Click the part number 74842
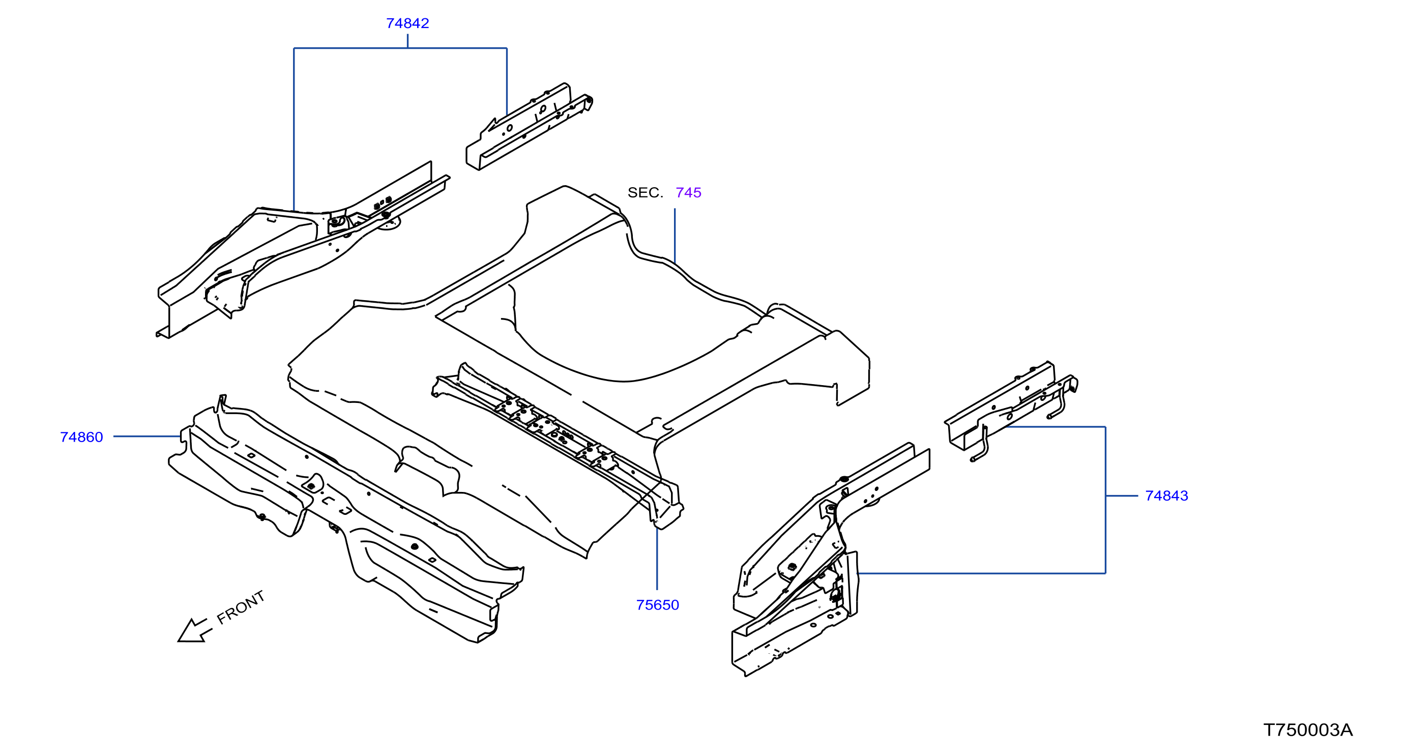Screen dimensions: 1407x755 click(x=407, y=23)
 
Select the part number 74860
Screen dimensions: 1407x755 click(x=81, y=437)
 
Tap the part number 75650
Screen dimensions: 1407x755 click(x=658, y=605)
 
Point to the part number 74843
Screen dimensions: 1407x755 click(x=1167, y=496)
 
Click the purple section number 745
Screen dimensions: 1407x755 click(x=688, y=192)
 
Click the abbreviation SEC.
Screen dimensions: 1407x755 click(x=645, y=192)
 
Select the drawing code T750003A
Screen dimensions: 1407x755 click(x=1308, y=730)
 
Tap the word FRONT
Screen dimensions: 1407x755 click(x=241, y=607)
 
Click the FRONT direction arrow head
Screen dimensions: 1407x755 click(x=191, y=632)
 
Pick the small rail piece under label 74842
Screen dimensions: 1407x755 click(x=529, y=127)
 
